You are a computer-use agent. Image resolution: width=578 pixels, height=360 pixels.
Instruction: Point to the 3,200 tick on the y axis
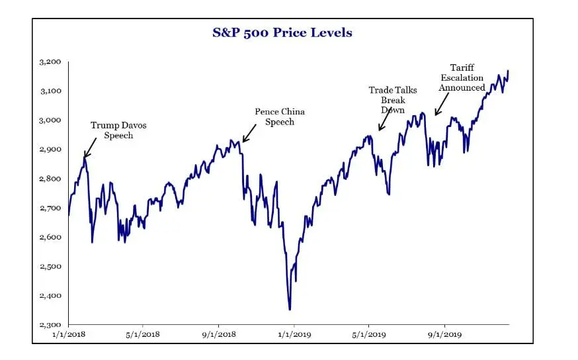tap(50, 62)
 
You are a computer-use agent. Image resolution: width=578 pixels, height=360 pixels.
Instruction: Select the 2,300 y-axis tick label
tap(50, 325)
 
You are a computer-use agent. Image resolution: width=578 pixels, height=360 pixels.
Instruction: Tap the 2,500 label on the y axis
tap(50, 267)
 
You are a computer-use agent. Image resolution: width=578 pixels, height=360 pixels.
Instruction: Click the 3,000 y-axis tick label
tap(50, 120)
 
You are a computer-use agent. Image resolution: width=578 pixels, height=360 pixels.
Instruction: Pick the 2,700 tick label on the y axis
tap(50, 208)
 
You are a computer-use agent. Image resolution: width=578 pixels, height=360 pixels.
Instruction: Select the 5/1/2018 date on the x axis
tap(142, 336)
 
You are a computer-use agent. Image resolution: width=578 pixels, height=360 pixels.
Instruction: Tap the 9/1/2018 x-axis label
tap(218, 336)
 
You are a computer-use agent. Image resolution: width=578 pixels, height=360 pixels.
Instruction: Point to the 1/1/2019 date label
tap(294, 336)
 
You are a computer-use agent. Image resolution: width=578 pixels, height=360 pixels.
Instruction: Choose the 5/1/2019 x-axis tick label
tap(368, 336)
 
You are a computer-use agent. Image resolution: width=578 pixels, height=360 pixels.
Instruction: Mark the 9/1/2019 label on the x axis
tap(444, 336)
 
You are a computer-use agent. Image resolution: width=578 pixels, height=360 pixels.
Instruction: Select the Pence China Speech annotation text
tap(280, 116)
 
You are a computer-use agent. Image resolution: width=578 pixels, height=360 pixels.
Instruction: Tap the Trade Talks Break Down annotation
tap(393, 99)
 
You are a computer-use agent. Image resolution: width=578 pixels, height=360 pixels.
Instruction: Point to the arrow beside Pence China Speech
tap(250, 134)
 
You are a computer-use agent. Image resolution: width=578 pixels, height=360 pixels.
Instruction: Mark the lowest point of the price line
tap(290, 309)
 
